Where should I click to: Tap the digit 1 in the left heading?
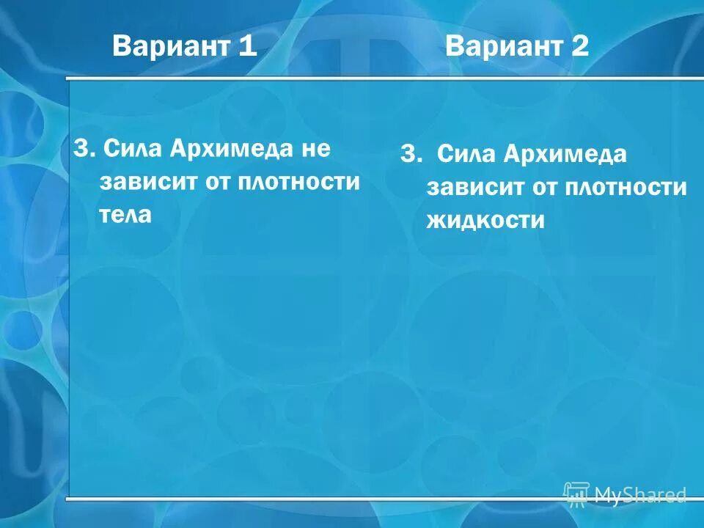coord(247,48)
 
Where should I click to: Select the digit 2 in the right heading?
coord(580,48)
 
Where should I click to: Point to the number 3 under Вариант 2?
coord(408,155)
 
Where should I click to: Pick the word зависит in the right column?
coord(474,188)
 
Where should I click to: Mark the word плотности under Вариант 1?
coord(298,182)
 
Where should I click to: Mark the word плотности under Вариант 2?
coord(626,188)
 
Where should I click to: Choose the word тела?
coord(125,215)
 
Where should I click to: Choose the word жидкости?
coord(485,221)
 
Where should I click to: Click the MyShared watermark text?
coord(639,495)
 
